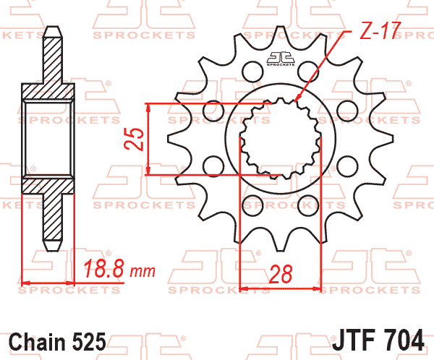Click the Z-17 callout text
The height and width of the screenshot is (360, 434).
coord(380,30)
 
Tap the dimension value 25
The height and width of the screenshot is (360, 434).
coord(135,140)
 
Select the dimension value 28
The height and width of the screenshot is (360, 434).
coord(281,274)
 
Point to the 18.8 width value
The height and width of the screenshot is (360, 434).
coord(103,268)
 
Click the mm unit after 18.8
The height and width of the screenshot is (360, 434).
coord(142,272)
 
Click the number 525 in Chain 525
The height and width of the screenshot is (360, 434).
coord(89,341)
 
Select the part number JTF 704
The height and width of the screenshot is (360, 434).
coord(378,340)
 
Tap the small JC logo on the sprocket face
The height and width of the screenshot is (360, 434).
coord(281,59)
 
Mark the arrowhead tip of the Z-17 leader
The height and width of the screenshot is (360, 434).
coord(296,101)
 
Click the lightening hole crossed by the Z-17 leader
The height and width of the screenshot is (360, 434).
coord(308,72)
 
